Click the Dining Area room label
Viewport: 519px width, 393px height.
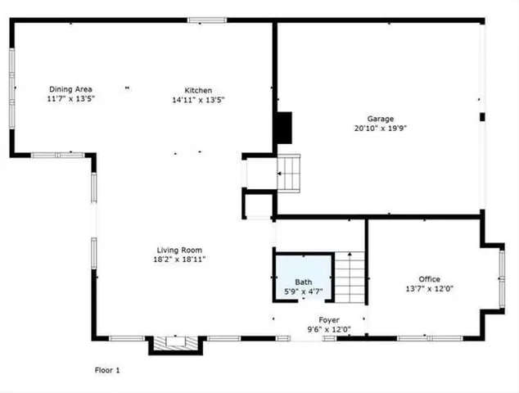[x=70, y=89]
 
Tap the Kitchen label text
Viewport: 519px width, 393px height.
[x=198, y=90]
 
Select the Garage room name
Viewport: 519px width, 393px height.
[x=380, y=118]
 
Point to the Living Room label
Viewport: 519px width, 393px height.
[x=180, y=250]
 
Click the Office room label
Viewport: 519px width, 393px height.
[x=430, y=279]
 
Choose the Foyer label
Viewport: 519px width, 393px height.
[x=329, y=320]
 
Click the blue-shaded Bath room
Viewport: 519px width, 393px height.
[x=303, y=278]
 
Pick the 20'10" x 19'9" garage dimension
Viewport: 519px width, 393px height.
[x=380, y=129]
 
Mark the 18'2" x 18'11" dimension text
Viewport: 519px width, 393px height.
[x=180, y=260]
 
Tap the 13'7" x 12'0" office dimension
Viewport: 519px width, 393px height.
[x=430, y=289]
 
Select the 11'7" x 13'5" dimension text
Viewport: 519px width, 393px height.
[x=70, y=99]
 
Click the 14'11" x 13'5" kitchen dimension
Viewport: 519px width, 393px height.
[x=198, y=100]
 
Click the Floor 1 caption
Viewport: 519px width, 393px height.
[x=107, y=370]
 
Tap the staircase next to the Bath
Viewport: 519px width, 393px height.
[x=350, y=277]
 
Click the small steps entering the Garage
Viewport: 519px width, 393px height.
[x=290, y=173]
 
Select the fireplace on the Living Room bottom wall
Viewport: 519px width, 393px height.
[x=173, y=344]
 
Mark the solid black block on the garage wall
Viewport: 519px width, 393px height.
[x=283, y=127]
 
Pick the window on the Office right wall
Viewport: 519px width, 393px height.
[x=502, y=278]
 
